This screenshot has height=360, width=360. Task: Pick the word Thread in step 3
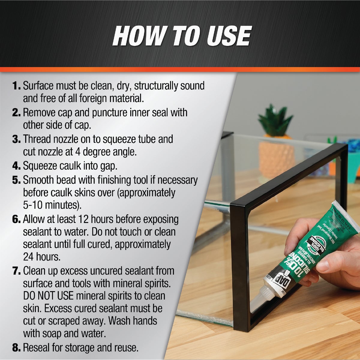point(37,139)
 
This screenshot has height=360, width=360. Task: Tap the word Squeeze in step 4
point(42,166)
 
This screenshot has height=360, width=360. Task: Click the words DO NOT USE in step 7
point(48,296)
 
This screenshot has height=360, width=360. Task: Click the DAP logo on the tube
point(277,282)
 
